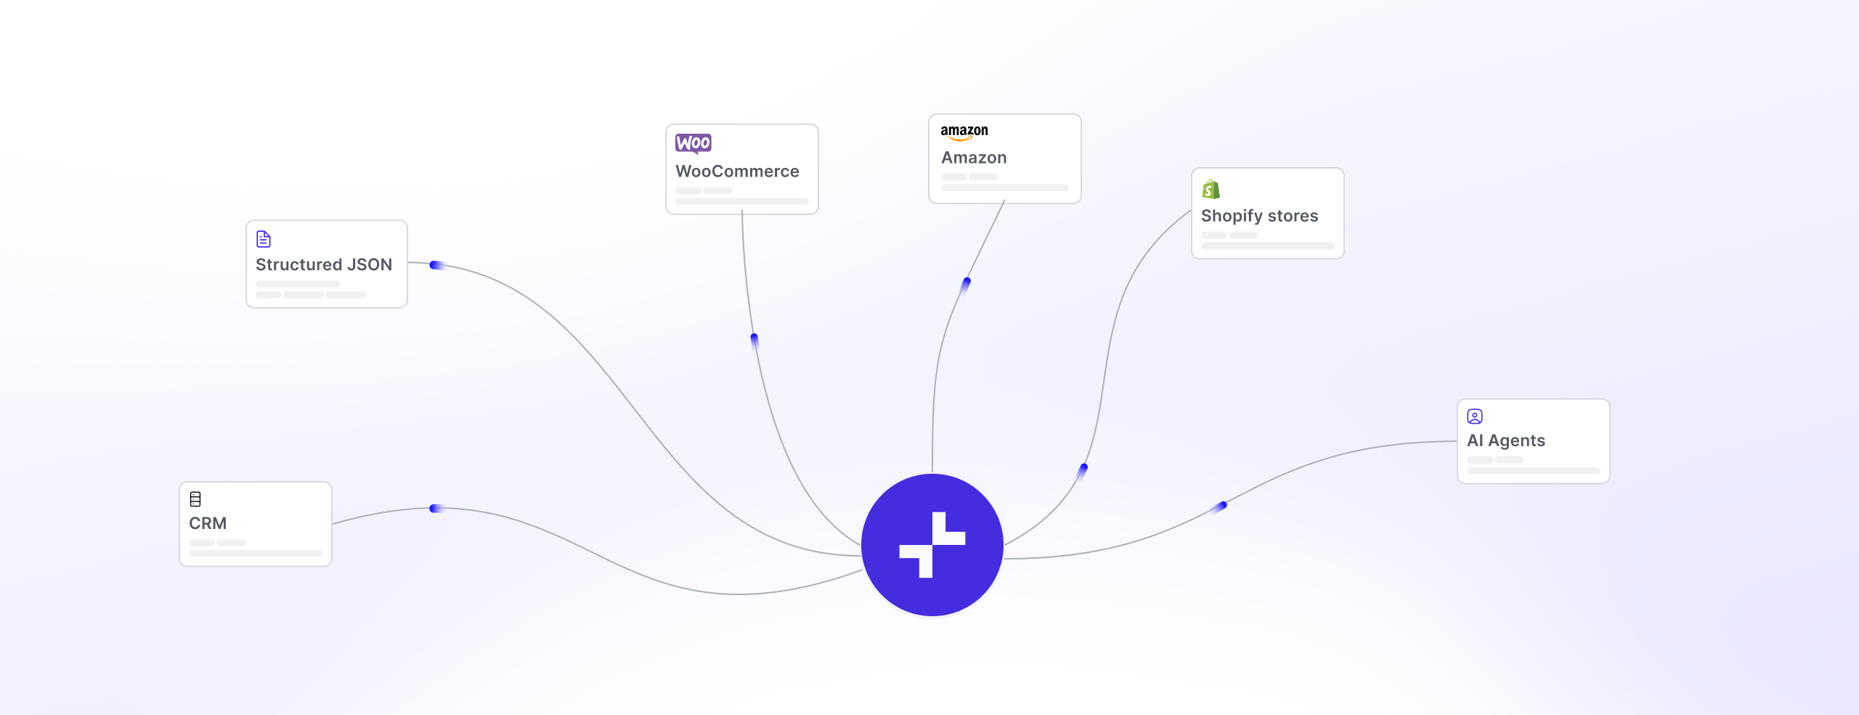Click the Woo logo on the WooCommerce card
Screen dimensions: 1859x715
[693, 143]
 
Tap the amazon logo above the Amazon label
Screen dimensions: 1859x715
[964, 132]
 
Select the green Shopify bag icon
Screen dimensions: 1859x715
[1211, 189]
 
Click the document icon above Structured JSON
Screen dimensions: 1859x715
[264, 239]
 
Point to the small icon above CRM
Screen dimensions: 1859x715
[195, 499]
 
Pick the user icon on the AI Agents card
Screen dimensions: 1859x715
[1475, 416]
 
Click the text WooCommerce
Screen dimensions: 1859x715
[737, 171]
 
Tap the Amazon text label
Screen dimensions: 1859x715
[974, 158]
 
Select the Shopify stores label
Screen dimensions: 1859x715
[1259, 216]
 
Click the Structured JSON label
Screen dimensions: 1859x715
[324, 264]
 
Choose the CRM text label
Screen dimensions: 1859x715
[208, 523]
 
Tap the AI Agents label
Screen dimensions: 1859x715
[1506, 440]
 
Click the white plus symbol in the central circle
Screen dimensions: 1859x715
[932, 545]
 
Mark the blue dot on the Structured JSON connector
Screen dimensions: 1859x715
[435, 265]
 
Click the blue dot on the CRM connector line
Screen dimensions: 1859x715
[435, 509]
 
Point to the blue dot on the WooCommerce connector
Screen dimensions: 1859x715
[754, 340]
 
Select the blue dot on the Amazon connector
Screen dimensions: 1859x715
[966, 283]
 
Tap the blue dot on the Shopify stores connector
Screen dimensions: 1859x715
[1083, 470]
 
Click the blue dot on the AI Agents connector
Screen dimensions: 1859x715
[1221, 506]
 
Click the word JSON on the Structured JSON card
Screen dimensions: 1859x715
[370, 264]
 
